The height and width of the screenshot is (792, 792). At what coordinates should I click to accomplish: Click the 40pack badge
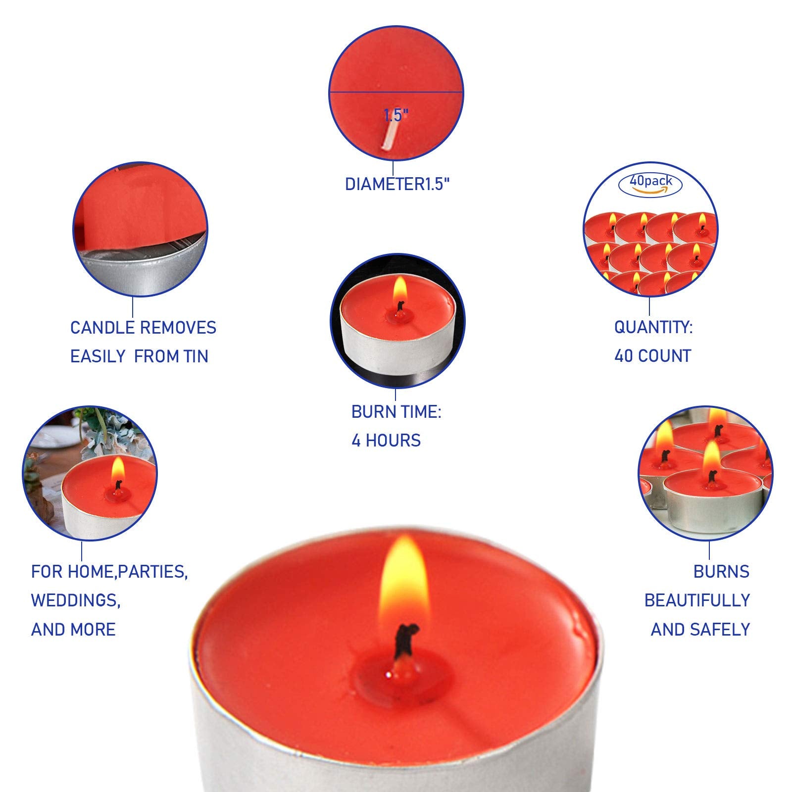tap(650, 185)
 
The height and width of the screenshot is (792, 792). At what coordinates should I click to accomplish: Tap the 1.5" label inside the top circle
tap(396, 115)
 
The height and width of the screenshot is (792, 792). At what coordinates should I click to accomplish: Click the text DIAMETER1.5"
tap(397, 184)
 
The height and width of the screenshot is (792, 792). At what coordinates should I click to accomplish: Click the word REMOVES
tap(178, 328)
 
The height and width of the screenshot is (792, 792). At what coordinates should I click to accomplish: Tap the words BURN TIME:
tap(396, 412)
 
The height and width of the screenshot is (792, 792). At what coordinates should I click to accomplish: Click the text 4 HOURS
tap(386, 441)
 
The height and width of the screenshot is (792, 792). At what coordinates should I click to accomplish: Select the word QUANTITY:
tap(653, 327)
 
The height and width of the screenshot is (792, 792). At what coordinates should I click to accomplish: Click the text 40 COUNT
tap(652, 356)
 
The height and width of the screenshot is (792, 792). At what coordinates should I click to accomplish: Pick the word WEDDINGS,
tap(76, 600)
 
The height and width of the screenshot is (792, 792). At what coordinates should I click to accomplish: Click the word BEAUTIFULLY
tap(697, 600)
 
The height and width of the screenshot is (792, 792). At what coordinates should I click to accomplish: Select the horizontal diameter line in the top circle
tap(396, 92)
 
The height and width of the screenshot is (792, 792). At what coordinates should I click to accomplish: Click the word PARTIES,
tap(153, 572)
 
